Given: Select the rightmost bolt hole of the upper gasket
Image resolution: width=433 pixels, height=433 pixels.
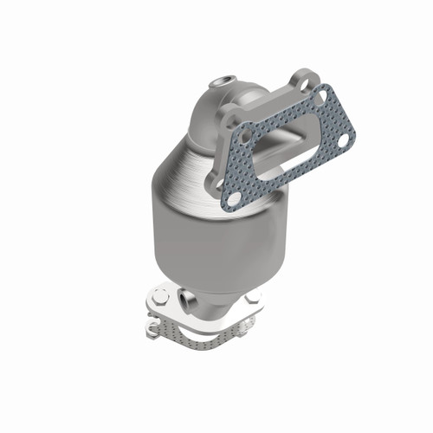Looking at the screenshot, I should [346, 139].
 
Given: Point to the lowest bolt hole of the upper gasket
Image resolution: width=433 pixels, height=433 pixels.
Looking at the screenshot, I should [232, 200].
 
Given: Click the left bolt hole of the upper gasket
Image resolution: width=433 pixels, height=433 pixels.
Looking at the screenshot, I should [248, 137].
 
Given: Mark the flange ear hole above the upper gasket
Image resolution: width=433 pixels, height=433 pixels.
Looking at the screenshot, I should [305, 81].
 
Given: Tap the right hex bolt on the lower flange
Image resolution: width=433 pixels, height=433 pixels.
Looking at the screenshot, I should [253, 298].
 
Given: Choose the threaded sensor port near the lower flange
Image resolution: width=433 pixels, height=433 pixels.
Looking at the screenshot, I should [184, 300].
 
